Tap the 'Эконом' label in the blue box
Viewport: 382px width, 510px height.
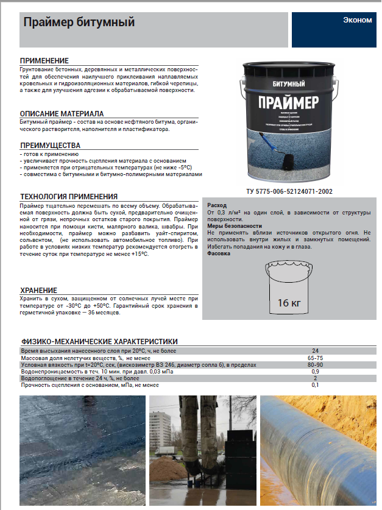357,20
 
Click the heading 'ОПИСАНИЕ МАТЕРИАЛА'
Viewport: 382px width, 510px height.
62,114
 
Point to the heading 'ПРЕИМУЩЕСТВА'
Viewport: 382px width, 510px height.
50,146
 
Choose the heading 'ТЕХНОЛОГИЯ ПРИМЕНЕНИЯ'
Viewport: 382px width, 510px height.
69,197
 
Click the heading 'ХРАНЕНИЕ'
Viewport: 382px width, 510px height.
39,290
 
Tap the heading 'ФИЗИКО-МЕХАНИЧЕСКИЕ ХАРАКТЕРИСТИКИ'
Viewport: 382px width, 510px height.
99,342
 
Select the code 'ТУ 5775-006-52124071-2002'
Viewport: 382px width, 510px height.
289,191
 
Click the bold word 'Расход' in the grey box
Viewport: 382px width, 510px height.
218,205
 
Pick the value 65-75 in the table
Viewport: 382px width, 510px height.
315,358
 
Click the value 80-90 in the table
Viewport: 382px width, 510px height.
315,365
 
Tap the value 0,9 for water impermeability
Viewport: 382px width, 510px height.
315,372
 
